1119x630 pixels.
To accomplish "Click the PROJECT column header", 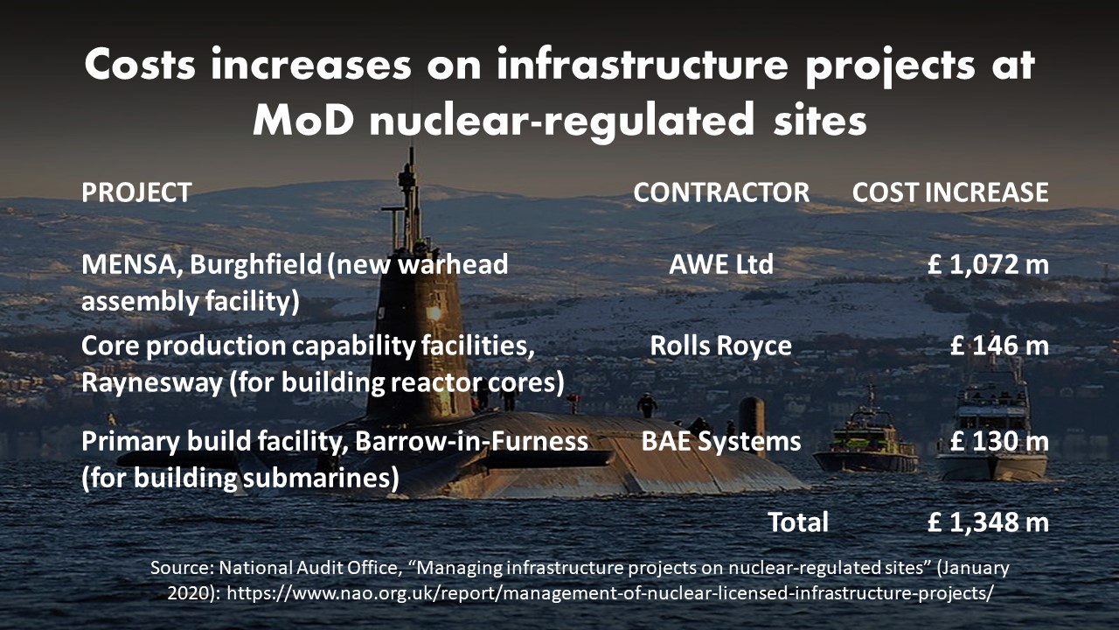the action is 136,192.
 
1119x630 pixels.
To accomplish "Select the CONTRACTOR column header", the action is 721,192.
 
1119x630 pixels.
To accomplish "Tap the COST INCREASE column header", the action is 950,192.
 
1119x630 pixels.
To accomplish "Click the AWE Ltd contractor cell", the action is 721,264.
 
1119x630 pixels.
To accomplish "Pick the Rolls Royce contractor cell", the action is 721,346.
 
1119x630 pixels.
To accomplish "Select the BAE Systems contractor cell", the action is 721,442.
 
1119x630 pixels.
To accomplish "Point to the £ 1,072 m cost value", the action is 988,264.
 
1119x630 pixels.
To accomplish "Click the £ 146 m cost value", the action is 999,346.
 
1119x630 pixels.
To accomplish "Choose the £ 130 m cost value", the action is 999,441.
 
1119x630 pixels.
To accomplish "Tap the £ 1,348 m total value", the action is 988,522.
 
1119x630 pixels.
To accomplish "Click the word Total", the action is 798,522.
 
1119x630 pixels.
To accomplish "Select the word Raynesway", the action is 152,383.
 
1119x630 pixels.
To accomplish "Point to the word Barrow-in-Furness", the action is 471,441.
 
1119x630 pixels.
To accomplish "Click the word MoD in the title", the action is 303,120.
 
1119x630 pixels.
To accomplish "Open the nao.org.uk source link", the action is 609,593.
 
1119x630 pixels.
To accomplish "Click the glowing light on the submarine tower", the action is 434,313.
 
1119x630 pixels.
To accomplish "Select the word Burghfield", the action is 256,264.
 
